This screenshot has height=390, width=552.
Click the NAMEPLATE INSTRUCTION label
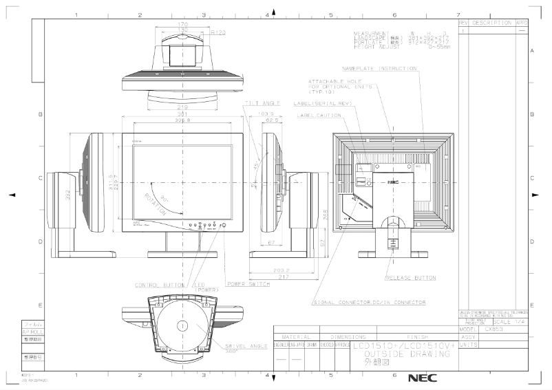pyautogui.click(x=379, y=69)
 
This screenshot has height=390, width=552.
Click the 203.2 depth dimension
pyautogui.click(x=280, y=271)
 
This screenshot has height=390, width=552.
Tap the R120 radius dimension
pyautogui.click(x=218, y=32)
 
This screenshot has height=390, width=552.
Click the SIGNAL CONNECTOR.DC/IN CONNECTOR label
pyautogui.click(x=370, y=303)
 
